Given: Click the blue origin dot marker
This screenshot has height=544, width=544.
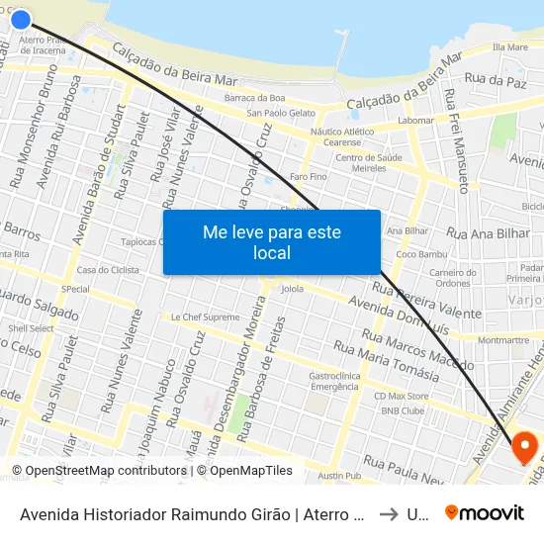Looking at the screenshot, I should (x=20, y=18).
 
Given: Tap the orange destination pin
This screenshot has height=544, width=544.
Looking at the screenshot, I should (x=524, y=446).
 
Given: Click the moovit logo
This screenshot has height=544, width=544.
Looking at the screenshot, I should (x=485, y=512).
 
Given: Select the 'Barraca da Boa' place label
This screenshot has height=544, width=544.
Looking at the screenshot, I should (x=254, y=97).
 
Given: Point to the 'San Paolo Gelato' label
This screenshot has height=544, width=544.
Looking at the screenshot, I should (x=281, y=113).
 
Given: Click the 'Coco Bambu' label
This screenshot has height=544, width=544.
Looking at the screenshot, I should (x=415, y=254).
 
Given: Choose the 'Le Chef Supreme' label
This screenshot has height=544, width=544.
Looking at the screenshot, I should (x=205, y=317).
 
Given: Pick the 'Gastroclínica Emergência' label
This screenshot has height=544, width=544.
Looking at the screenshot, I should (x=334, y=381).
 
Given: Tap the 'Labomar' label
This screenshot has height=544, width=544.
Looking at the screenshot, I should (x=415, y=121).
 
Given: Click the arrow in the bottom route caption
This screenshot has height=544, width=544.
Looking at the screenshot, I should (x=389, y=513).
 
